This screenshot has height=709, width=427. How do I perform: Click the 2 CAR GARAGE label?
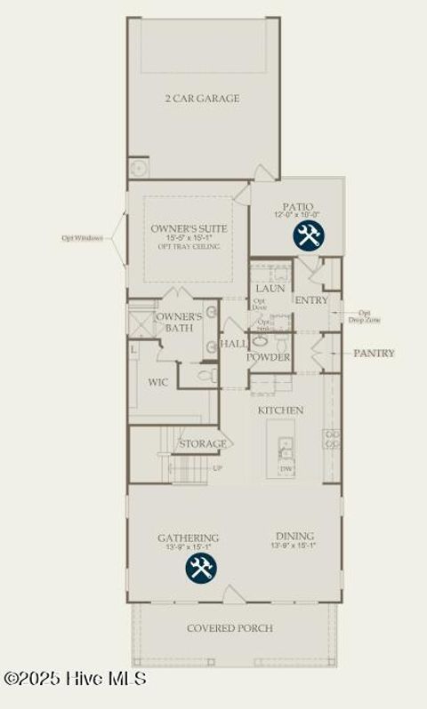coord(201,99)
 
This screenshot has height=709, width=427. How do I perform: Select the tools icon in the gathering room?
coord(200,568)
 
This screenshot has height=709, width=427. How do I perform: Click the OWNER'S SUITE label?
coord(189,229)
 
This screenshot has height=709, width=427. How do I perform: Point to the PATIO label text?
coord(298,206)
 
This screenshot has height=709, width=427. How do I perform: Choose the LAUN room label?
coord(269,289)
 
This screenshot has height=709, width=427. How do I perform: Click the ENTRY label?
coord(311,300)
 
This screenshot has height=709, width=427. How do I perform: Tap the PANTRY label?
coord(374,353)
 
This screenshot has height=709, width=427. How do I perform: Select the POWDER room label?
coord(269,357)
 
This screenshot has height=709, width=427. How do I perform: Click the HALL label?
coord(233,344)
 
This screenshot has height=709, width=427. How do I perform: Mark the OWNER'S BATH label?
coord(179,322)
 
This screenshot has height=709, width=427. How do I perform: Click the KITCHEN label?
coord(280,410)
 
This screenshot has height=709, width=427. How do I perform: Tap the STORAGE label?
coord(202,443)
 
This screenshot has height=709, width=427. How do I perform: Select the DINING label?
coord(294,536)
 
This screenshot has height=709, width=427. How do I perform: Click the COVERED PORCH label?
coord(230,628)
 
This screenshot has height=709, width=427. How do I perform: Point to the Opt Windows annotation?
coord(82,238)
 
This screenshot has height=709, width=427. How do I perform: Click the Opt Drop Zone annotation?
coord(364,315)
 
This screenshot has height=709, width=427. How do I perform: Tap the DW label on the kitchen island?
coord(286,467)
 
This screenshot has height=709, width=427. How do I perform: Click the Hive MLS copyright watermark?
coord(75,679)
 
